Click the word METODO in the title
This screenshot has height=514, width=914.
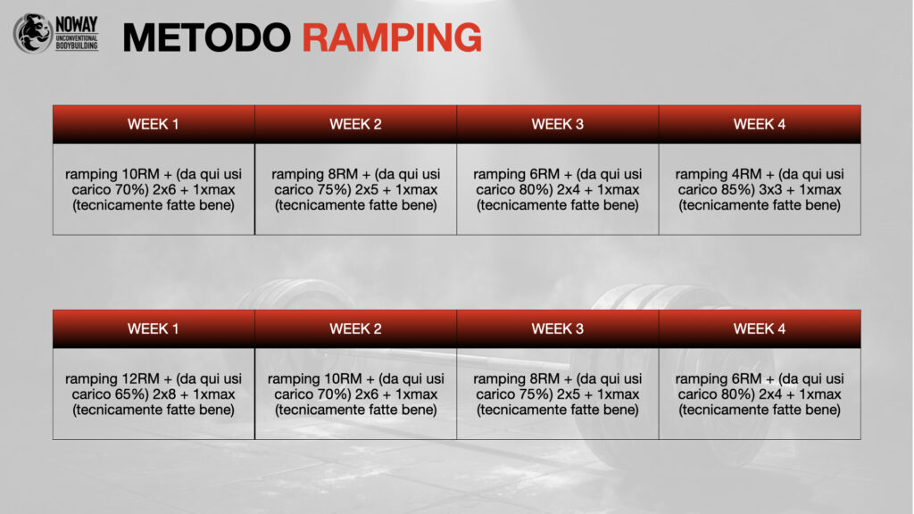pos(207,37)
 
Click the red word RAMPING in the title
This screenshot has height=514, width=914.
pos(392,37)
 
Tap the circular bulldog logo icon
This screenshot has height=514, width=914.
pos(33,33)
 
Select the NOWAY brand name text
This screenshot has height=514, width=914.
pos(77,25)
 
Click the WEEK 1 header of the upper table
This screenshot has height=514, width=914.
pos(154,124)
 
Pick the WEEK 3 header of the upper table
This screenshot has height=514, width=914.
pos(557,124)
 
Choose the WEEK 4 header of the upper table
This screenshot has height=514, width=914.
pos(760,124)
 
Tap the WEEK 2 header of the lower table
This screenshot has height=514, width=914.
pos(355,328)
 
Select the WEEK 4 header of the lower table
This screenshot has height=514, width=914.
pos(760,328)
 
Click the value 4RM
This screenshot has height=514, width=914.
pos(747,174)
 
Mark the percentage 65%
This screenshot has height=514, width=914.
pos(132,394)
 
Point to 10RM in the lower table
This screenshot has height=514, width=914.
pos(343,378)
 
